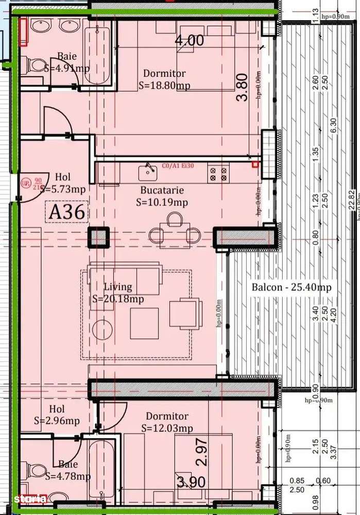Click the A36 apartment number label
[x=66, y=212]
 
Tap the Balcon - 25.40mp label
[x=291, y=287]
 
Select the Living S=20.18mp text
[x=118, y=292]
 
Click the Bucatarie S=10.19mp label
[x=162, y=196]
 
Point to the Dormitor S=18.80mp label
[x=164, y=79]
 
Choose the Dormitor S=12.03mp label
[x=167, y=422]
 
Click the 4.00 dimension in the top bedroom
[x=189, y=41]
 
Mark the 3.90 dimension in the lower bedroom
[x=191, y=482]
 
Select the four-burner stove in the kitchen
[x=218, y=172]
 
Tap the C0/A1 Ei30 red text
[x=178, y=166]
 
